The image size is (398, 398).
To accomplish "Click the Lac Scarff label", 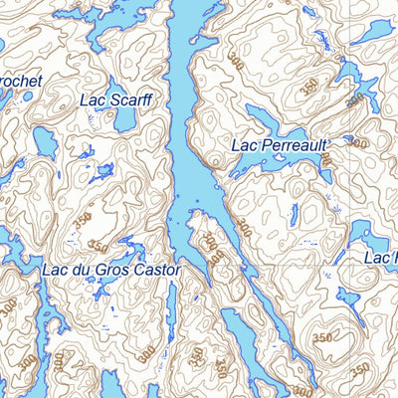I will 114,99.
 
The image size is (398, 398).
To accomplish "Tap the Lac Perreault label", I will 279,145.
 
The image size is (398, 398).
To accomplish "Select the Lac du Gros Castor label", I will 111,270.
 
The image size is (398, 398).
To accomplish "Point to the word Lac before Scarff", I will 93,99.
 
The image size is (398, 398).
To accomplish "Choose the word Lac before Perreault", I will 245,145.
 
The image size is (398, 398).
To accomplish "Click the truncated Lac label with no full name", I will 380,259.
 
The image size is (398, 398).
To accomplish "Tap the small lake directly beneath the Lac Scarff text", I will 124,119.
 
